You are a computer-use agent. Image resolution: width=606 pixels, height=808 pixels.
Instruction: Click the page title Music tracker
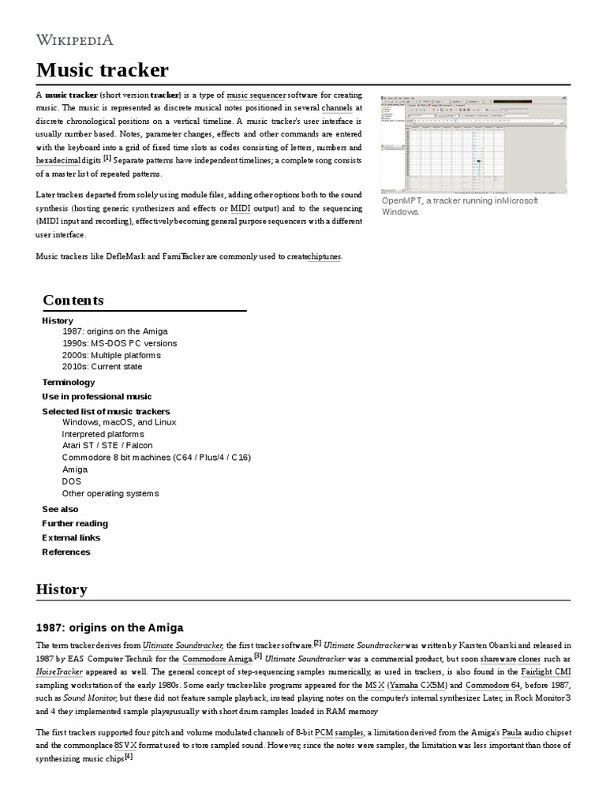pos(103,70)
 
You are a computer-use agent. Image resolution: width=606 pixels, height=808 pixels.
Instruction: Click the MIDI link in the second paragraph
pos(240,208)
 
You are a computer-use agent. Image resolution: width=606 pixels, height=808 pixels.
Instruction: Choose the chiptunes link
pos(323,256)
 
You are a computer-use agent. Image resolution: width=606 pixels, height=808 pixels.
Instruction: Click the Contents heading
pos(73,301)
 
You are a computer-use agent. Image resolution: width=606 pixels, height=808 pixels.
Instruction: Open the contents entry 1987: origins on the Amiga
pos(115,331)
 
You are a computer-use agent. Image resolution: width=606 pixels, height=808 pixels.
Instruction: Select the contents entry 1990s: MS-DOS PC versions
pos(119,343)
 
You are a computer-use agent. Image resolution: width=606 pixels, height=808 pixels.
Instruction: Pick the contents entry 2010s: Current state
pos(102,367)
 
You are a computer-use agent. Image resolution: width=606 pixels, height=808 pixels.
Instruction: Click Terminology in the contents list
pos(68,382)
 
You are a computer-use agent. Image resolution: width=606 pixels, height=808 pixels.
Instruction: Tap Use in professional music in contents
pos(96,397)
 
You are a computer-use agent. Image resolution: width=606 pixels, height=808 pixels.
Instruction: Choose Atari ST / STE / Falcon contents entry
pos(107,445)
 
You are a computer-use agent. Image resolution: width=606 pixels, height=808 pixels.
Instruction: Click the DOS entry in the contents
pos(71,481)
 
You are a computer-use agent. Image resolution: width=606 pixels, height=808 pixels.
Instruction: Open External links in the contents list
pos(71,537)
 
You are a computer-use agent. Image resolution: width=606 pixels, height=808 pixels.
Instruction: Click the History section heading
pos(62,589)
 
